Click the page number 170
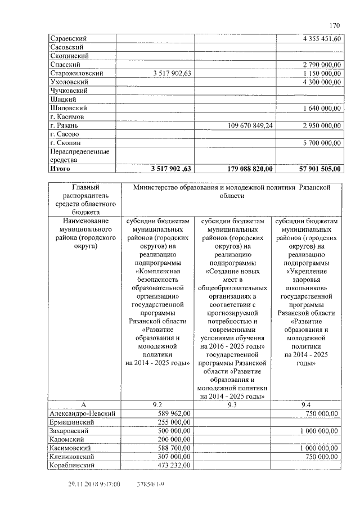point(335,25)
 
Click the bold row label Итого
point(62,168)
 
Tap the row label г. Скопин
point(66,143)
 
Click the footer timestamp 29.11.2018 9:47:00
point(94,484)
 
